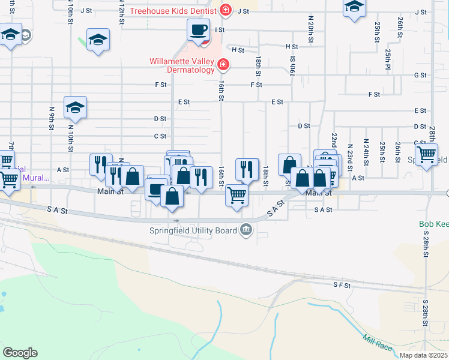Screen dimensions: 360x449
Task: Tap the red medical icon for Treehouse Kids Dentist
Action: [226, 10]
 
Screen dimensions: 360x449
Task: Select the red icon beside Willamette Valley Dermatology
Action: [223, 64]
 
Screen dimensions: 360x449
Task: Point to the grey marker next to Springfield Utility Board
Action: [246, 229]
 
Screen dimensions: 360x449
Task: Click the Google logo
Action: [20, 353]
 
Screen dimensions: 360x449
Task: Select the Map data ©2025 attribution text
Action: [423, 355]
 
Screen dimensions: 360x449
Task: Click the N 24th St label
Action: [366, 152]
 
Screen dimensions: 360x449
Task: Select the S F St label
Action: [342, 286]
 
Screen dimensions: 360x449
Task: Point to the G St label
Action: [420, 76]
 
